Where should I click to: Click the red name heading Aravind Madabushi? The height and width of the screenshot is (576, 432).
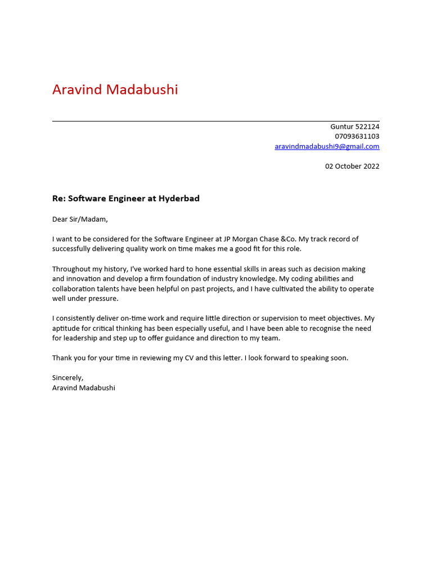tap(115, 89)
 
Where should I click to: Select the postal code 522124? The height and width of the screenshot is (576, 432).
tap(367, 127)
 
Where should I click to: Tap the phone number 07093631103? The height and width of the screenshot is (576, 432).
tap(357, 136)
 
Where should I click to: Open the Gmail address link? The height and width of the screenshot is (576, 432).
tap(327, 146)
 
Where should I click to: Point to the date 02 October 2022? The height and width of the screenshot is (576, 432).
tap(352, 166)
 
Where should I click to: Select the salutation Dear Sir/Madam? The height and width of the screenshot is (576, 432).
tap(79, 219)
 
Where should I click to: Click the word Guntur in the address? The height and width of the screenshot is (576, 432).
tap(341, 127)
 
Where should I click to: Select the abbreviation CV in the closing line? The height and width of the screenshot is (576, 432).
tap(188, 358)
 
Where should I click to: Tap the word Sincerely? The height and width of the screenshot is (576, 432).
tap(67, 378)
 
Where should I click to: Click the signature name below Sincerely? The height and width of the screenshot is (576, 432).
tap(84, 388)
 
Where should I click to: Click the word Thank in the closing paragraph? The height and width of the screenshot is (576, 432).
tap(62, 358)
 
